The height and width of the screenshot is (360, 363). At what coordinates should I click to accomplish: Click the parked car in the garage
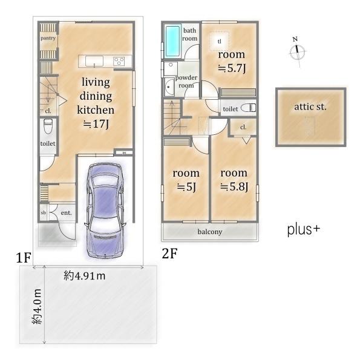click(x=105, y=211)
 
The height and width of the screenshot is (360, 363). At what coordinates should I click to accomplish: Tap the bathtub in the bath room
click(x=172, y=41)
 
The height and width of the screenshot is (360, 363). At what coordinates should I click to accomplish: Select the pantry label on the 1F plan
click(x=48, y=38)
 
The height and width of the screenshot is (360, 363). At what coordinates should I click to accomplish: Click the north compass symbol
click(x=297, y=51)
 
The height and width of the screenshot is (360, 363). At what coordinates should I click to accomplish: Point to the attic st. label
click(x=310, y=107)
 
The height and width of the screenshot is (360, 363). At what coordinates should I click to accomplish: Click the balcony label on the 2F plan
click(x=210, y=232)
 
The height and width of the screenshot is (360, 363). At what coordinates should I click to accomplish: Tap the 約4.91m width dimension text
click(x=85, y=276)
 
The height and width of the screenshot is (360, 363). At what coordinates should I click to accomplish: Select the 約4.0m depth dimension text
click(x=37, y=306)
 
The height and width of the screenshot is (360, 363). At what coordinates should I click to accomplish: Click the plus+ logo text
click(x=304, y=230)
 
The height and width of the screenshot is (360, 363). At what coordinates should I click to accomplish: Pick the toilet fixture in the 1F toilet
click(x=48, y=126)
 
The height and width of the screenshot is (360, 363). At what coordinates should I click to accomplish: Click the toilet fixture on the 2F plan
click(x=248, y=108)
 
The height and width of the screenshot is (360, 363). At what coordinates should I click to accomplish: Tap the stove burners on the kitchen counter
click(x=119, y=61)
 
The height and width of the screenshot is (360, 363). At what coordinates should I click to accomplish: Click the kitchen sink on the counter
click(x=94, y=61)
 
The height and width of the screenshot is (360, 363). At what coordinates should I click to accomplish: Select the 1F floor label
click(x=24, y=257)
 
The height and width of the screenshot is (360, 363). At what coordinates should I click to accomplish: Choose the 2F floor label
click(x=169, y=254)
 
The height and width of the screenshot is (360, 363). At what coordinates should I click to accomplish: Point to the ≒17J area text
click(x=96, y=124)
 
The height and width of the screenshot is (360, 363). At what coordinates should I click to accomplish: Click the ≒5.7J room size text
click(x=232, y=68)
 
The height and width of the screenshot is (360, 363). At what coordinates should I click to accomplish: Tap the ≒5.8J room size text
click(x=234, y=186)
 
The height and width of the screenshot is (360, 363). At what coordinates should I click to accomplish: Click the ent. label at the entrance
click(x=66, y=213)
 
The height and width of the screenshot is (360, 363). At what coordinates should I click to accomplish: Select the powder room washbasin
click(x=169, y=87)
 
